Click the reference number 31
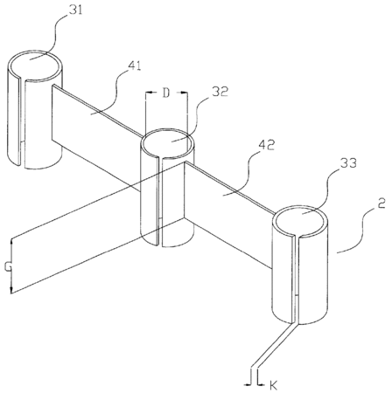(x=76, y=10)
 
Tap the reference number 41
(x=134, y=66)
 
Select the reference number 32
(x=220, y=92)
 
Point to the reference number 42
(x=266, y=145)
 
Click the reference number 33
(x=349, y=163)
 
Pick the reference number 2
(x=381, y=203)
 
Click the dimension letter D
(x=166, y=93)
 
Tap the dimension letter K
(x=273, y=386)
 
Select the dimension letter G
(x=8, y=266)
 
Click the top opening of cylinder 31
(x=35, y=65)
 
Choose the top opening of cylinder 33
(x=300, y=220)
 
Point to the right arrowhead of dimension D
(x=185, y=93)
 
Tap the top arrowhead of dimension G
(x=11, y=243)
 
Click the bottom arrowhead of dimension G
(x=11, y=290)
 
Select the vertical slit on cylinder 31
(x=23, y=122)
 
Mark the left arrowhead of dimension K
(x=248, y=384)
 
